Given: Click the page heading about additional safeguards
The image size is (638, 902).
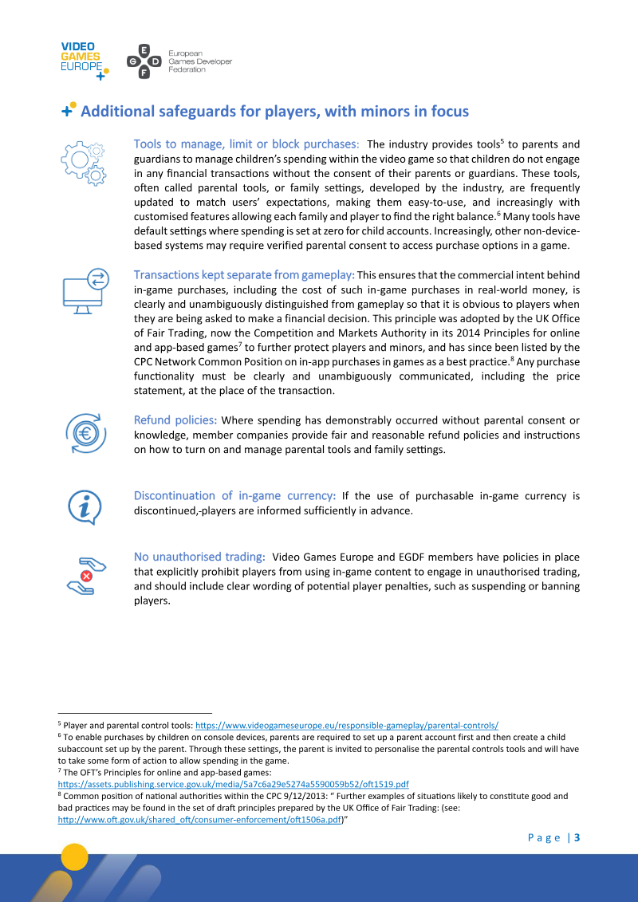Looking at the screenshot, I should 274,112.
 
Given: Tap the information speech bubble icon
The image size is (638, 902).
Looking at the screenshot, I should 84,506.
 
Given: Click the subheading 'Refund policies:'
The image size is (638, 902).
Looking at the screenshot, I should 175,420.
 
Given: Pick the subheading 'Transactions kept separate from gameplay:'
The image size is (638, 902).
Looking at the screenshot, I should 244,275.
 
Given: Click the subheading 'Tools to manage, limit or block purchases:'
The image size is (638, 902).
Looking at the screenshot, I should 246,144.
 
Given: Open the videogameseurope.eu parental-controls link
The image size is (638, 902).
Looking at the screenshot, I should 347,726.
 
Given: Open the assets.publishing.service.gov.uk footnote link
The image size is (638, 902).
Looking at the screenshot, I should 234,785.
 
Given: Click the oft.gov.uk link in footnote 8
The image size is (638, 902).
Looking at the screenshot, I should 200,819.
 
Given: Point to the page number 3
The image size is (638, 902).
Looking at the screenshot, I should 577,837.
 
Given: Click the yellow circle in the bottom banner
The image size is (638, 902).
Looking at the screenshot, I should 75,857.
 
